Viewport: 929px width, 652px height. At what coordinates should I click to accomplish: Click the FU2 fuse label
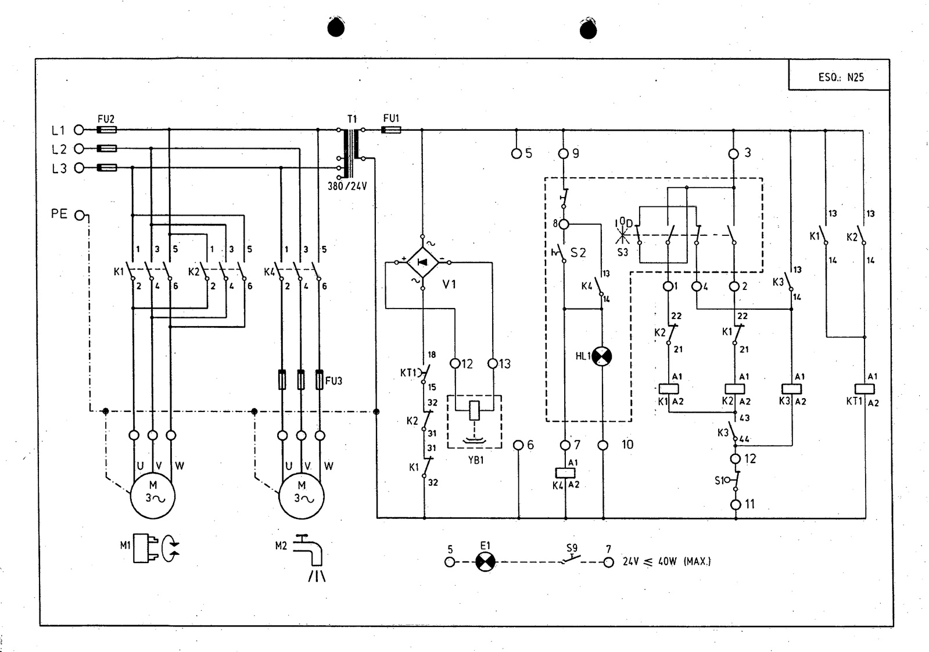click(106, 119)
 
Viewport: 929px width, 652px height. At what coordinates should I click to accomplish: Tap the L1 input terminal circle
click(79, 130)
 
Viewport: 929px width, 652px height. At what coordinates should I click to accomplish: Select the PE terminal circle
click(79, 216)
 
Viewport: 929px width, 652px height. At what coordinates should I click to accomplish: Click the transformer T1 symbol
click(351, 153)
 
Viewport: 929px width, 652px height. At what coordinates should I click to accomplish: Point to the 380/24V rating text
click(347, 186)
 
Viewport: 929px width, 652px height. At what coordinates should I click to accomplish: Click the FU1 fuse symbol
click(391, 130)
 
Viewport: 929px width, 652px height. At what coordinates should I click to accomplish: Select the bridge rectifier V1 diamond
click(422, 262)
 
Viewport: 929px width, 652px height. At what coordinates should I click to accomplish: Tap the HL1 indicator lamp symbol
click(602, 356)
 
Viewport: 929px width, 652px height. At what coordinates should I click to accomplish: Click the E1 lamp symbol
click(485, 562)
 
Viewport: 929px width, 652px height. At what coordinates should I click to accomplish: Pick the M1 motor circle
click(153, 496)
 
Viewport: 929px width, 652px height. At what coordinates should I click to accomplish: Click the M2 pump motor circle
click(302, 496)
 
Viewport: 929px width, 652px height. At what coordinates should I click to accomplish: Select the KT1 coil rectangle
click(865, 389)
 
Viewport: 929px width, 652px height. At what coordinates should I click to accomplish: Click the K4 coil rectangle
click(565, 473)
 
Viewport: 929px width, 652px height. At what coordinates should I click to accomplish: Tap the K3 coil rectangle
click(791, 389)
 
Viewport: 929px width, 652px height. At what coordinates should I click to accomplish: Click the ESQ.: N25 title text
click(841, 77)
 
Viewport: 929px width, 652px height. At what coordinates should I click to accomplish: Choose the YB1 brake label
click(476, 460)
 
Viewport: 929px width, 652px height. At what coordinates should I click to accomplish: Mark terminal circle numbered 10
click(603, 446)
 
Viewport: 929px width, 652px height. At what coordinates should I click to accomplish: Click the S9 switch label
click(572, 548)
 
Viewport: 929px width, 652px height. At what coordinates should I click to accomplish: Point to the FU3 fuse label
click(334, 381)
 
